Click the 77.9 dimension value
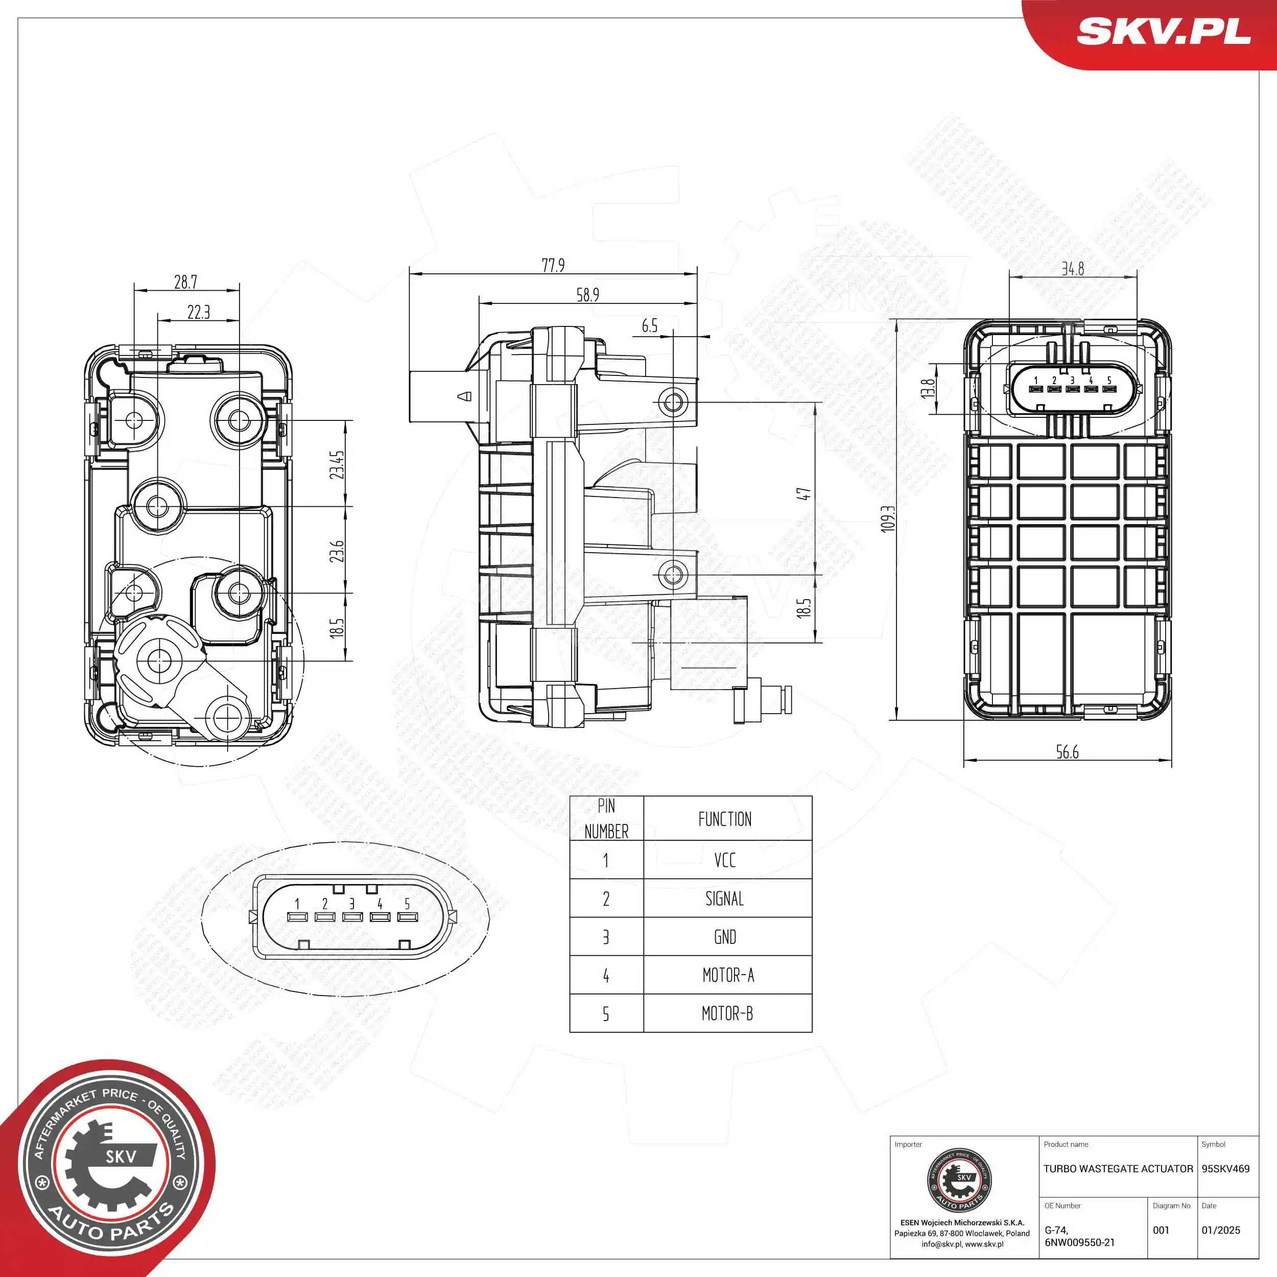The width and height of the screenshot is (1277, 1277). click(553, 265)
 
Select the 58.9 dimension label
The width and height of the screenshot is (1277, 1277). click(587, 295)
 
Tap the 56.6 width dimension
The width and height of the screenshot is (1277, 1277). click(1068, 752)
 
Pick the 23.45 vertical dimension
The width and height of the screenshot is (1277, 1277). click(338, 465)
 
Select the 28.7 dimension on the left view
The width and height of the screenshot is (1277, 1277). click(186, 282)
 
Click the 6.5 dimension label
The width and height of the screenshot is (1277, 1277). click(650, 325)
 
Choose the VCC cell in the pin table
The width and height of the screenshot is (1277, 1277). click(725, 860)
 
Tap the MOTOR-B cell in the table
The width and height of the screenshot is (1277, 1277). click(727, 1013)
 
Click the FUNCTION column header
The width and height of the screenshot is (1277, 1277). click(725, 819)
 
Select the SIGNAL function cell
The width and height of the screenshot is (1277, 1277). click(725, 898)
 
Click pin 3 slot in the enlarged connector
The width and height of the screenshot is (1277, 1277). click(352, 917)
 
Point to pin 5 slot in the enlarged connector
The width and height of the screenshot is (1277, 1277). click(407, 917)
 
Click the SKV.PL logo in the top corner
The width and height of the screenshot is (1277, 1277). click(1163, 32)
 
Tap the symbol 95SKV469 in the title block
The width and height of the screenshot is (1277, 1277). click(1225, 1169)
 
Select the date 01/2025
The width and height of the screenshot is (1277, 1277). click(1220, 1230)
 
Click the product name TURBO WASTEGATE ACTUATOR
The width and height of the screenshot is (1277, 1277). click(1118, 1169)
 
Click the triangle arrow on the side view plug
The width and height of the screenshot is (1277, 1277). click(465, 396)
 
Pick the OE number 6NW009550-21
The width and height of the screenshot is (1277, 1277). click(1079, 1243)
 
